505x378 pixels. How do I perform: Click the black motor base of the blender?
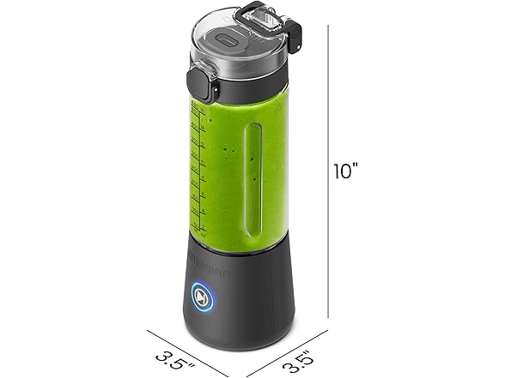click(x=240, y=287)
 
